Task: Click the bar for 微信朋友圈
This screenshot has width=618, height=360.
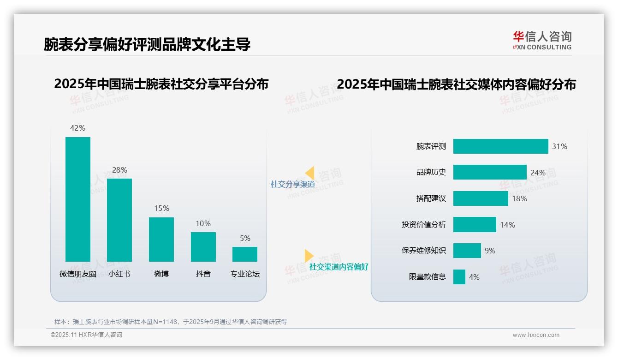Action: click(x=78, y=199)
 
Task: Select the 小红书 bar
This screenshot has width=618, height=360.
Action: click(x=119, y=220)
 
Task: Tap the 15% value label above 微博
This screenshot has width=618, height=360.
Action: click(x=161, y=209)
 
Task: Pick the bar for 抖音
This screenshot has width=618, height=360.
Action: click(x=203, y=246)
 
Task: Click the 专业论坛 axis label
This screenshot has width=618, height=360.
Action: click(x=245, y=274)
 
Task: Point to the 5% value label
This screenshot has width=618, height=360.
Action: click(x=245, y=239)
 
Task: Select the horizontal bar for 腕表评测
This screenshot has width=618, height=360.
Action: click(x=500, y=146)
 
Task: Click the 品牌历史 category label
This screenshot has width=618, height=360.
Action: click(x=431, y=172)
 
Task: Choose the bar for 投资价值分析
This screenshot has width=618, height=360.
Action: click(x=475, y=225)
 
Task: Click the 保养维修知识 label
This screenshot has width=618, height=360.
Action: click(x=423, y=251)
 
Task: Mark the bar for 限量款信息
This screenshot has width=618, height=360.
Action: click(x=459, y=277)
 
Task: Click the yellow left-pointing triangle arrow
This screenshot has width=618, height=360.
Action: click(x=309, y=173)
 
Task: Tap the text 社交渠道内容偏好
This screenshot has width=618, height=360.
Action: click(x=339, y=267)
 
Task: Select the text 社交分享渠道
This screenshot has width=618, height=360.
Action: click(x=292, y=184)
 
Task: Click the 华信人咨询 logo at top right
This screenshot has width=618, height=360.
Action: click(x=542, y=41)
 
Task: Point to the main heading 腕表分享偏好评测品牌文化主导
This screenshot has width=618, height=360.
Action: click(x=147, y=44)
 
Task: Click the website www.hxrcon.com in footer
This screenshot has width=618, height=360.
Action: click(x=535, y=335)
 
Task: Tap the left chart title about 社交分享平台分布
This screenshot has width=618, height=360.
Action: click(x=161, y=84)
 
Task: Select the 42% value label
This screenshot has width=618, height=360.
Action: click(x=77, y=128)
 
